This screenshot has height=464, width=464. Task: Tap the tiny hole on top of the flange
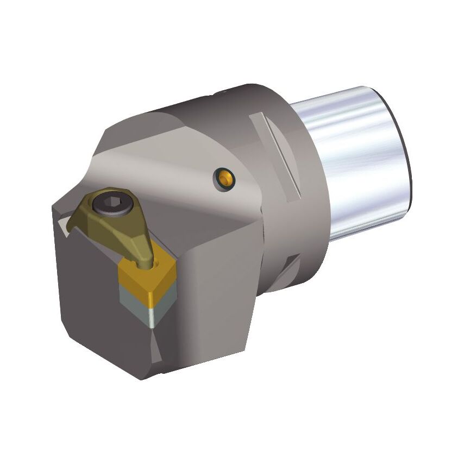[221, 94]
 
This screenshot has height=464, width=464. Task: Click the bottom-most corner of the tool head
[142, 378]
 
